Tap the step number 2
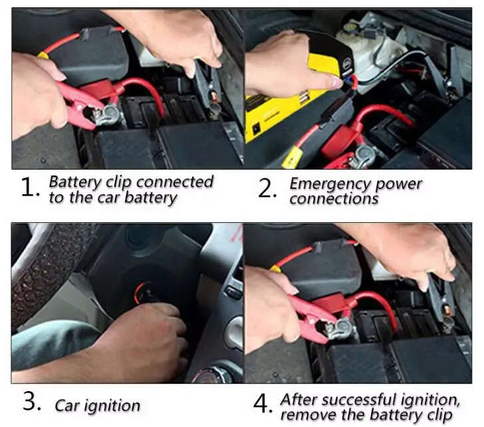[x=267, y=188]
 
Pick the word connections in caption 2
[x=333, y=198]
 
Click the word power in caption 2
[x=396, y=184]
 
